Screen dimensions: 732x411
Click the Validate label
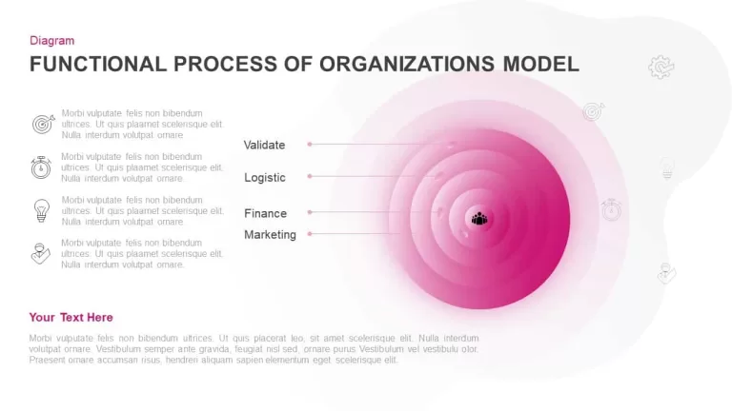tap(264, 145)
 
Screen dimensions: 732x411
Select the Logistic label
tap(265, 178)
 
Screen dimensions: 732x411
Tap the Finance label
tap(265, 213)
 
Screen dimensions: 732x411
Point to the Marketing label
tap(270, 234)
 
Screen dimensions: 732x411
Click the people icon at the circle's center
tap(479, 219)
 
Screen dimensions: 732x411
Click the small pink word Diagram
tap(51, 41)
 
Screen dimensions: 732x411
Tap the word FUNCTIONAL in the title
tap(98, 64)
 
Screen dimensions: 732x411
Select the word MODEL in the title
tap(541, 64)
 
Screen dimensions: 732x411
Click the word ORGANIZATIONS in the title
tap(407, 64)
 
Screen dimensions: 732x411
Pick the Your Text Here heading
tap(71, 318)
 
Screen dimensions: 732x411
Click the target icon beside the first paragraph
tap(43, 124)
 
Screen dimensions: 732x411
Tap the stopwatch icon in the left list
tap(41, 167)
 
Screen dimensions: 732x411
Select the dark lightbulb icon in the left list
tap(42, 210)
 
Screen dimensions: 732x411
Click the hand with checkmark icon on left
tap(41, 253)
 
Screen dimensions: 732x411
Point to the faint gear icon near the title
tap(661, 68)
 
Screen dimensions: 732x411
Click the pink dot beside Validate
tap(310, 145)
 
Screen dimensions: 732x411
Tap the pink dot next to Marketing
tap(310, 234)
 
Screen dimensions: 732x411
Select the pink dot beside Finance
tap(310, 212)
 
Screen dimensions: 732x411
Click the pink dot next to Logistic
tap(310, 177)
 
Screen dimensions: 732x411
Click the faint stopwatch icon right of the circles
tap(611, 209)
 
